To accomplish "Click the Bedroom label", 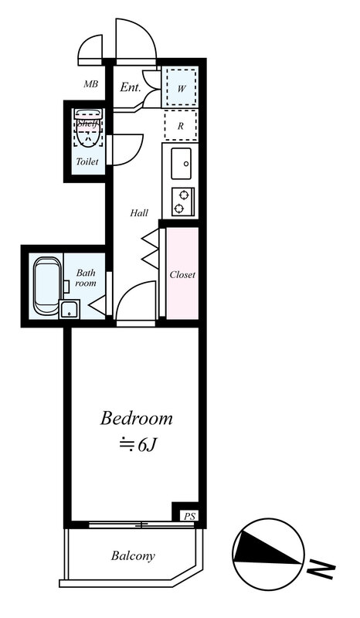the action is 137,418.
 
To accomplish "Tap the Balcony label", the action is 133,555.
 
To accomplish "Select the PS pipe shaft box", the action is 189,516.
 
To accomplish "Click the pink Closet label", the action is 182,275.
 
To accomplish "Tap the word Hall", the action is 139,213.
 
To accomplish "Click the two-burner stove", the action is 183,202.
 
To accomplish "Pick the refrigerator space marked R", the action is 181,126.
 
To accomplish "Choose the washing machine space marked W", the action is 181,87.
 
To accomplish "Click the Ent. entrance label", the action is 131,87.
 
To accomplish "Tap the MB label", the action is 90,84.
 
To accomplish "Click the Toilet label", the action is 87,161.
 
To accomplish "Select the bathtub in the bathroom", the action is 47,286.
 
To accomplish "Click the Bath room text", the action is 86,278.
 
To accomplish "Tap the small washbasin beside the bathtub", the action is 70,309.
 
